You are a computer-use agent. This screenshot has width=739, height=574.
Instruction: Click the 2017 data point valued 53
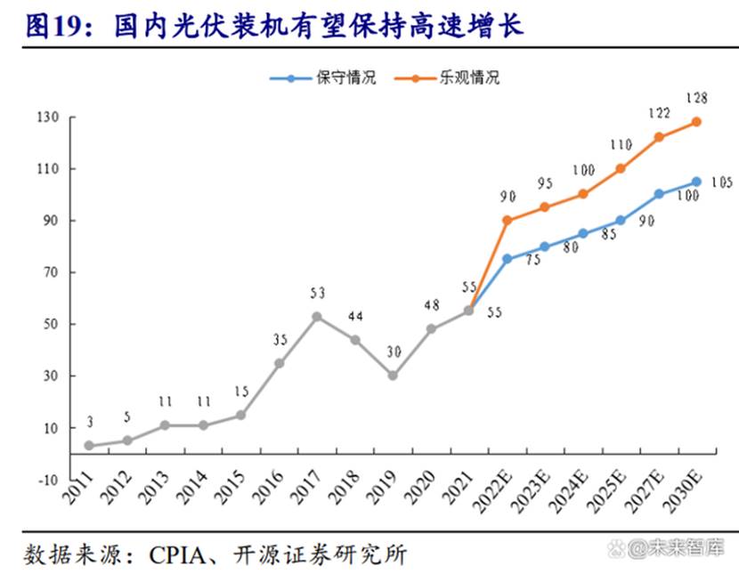coord(316,316)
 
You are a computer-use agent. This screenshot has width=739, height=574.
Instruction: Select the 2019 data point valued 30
coord(392,376)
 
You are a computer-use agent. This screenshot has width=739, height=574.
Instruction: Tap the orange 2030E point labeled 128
coord(696,122)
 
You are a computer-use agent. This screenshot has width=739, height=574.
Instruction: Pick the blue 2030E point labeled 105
coord(696,182)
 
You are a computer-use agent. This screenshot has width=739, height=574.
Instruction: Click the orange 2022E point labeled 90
coord(507,220)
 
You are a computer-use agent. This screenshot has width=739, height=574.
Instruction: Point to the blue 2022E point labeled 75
coord(507,259)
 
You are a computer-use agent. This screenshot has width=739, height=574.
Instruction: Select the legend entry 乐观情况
coord(469,77)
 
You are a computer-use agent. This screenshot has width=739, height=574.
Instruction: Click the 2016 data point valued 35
coord(279,363)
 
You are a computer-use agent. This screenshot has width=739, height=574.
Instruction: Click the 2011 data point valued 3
coord(89,445)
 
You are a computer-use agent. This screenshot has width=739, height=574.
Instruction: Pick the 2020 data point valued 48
coord(431,328)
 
